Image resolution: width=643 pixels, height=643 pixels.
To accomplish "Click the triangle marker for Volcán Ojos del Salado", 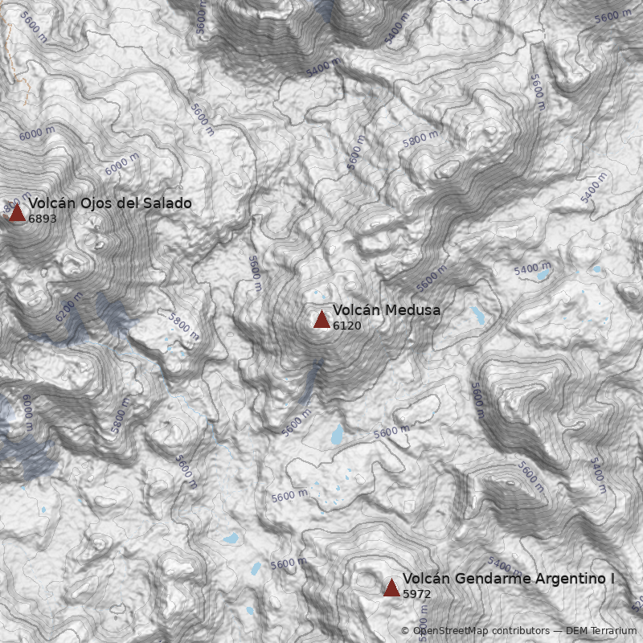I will tap(17, 213).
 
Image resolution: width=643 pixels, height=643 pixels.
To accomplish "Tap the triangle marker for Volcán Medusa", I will tap(321, 320).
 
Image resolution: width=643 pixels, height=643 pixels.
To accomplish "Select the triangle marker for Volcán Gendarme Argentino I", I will tap(391, 588).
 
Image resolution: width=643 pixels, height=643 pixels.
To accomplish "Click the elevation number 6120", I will tap(346, 326).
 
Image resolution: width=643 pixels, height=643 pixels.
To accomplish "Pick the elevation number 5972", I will tap(416, 595).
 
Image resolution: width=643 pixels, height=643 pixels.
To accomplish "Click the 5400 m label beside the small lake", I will tap(532, 268).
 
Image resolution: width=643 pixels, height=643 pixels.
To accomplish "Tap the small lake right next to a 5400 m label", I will tap(544, 275).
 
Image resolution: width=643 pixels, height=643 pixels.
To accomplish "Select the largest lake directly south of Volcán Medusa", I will tap(337, 435).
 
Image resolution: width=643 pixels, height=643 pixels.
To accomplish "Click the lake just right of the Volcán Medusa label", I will tap(477, 313).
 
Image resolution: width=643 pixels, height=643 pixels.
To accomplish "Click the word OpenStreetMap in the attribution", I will tap(450, 632).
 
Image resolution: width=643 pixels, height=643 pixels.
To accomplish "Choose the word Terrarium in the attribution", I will tap(612, 632).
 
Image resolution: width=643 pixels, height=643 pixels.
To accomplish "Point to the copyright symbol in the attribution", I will tap(405, 632).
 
